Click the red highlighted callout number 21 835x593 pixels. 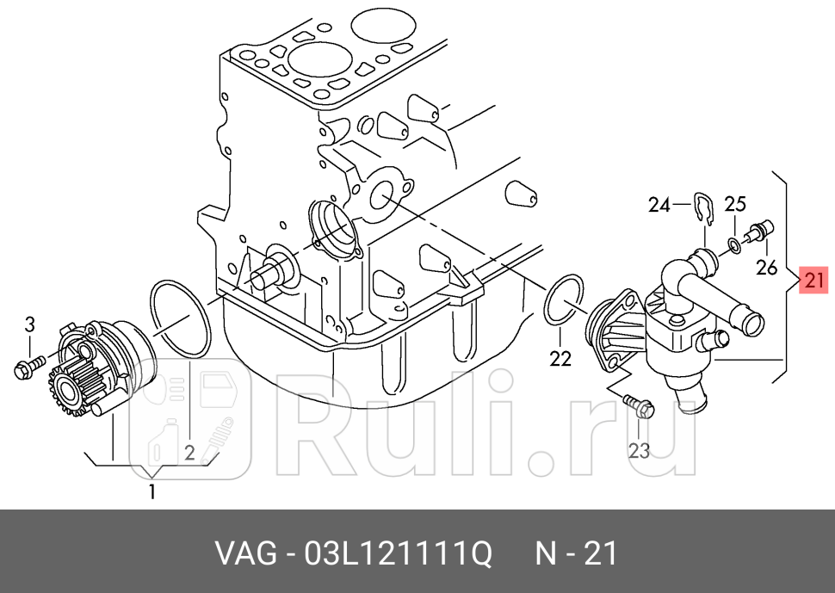coord(813,280)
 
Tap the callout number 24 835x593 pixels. coord(659,205)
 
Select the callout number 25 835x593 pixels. coord(735,204)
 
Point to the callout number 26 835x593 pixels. coord(767,267)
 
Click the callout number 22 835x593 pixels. coord(560,359)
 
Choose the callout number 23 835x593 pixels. coord(639,451)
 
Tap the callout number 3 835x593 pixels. coord(30,324)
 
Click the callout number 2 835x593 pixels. coord(189,453)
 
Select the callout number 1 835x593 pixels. coord(152,492)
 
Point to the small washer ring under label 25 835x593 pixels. coord(733,245)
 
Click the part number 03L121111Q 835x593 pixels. coord(399,553)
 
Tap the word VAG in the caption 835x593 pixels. coord(246,553)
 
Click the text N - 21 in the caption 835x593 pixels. coord(576,553)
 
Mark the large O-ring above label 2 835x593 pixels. coord(181,318)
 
